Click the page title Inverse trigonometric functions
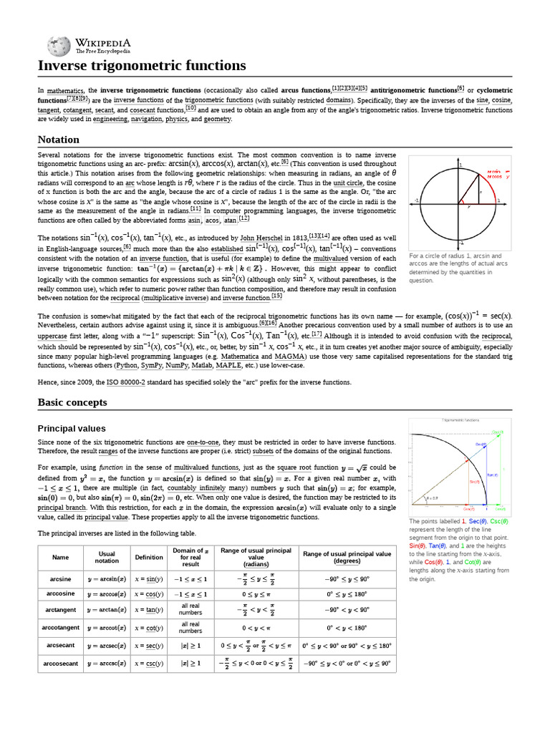(142, 66)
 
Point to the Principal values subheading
(71, 428)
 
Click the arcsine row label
(61, 577)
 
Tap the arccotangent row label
(61, 628)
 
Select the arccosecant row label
(61, 664)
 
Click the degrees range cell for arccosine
(347, 595)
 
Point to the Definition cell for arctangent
(149, 610)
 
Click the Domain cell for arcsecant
(190, 646)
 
